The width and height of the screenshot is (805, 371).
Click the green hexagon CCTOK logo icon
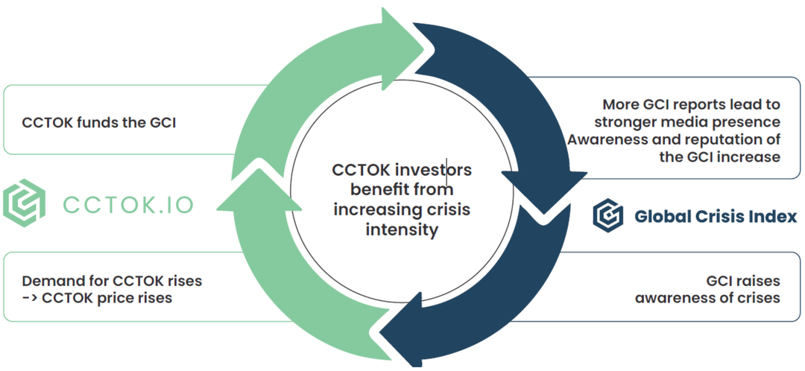coord(24,203)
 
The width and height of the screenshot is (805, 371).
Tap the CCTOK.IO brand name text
coord(127,203)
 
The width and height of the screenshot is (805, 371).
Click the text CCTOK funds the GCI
coord(99,122)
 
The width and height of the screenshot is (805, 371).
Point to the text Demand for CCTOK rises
coord(112,282)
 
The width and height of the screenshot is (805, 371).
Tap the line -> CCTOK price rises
coord(97,298)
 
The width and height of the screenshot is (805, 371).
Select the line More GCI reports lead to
coord(691,104)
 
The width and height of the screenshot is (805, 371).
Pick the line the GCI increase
coord(720,156)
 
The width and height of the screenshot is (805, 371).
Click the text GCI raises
coord(742,281)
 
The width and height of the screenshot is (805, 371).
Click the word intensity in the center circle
coord(402,229)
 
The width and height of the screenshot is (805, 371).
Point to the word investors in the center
coord(432,171)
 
